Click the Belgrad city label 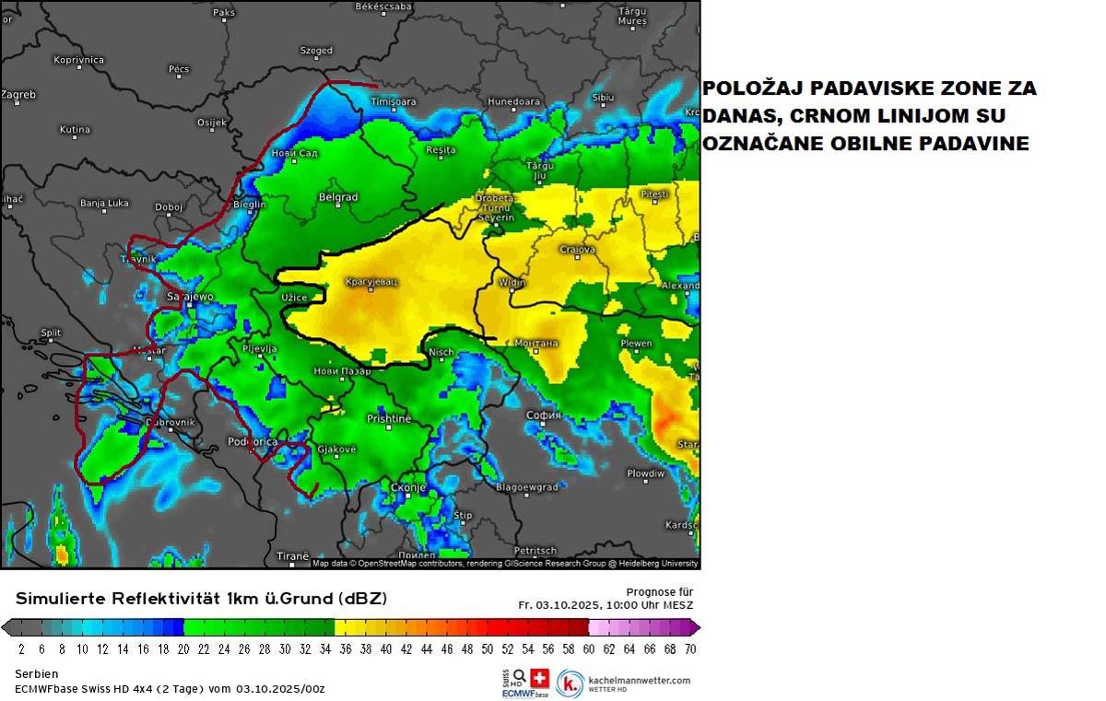(x=337, y=197)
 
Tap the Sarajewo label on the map (x=190, y=297)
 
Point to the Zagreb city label (x=18, y=94)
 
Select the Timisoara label (x=394, y=101)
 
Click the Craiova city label (x=577, y=250)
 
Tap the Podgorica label (x=253, y=442)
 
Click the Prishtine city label (x=388, y=418)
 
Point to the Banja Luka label (x=104, y=203)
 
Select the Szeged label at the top (x=316, y=51)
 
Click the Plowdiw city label (x=645, y=473)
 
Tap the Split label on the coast (x=51, y=333)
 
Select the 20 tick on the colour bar (x=183, y=648)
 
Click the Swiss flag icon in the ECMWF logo (x=540, y=678)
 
